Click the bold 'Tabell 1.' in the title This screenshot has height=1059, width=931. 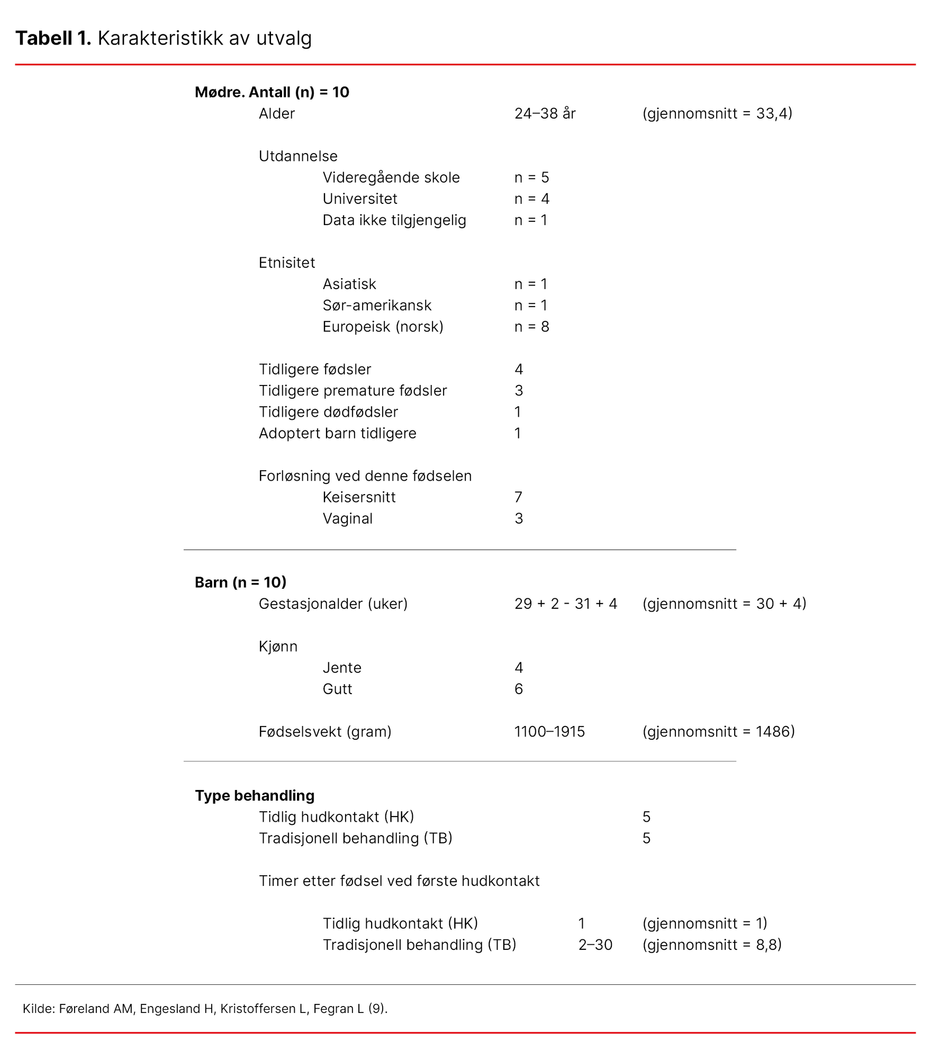[53, 38]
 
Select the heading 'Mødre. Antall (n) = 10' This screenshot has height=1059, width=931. [272, 92]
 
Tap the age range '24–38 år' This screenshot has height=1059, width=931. [545, 113]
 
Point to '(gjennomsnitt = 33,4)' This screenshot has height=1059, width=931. [717, 113]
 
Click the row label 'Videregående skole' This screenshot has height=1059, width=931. [391, 177]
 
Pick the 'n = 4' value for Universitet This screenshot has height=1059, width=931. [531, 199]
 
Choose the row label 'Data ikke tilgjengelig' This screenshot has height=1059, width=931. [394, 220]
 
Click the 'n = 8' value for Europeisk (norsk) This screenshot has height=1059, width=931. [531, 327]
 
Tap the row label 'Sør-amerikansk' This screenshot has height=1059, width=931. [377, 306]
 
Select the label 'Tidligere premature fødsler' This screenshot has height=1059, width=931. [352, 391]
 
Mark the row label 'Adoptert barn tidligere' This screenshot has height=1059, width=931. [337, 433]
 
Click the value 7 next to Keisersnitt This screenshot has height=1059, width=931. [518, 497]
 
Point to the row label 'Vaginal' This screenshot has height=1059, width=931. [347, 518]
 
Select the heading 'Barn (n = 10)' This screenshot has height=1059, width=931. [240, 582]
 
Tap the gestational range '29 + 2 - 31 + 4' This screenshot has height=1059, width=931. [565, 604]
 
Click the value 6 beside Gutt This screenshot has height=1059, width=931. [518, 689]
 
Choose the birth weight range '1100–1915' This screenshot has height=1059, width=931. [549, 732]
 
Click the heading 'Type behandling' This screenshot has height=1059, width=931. [255, 795]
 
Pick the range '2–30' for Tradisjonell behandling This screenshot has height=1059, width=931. [595, 945]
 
